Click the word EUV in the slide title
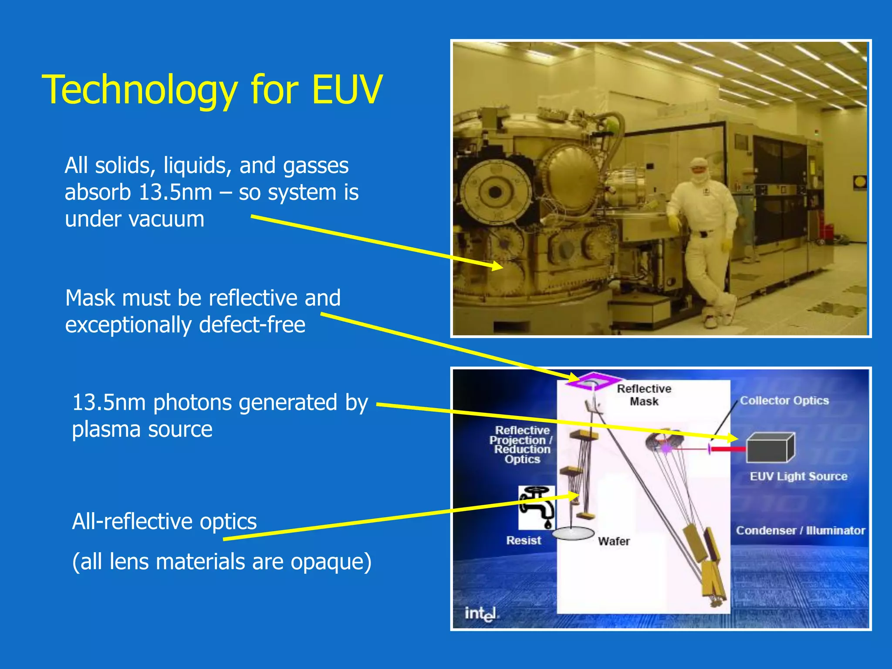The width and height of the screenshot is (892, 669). point(347,90)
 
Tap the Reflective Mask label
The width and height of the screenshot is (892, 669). point(644,395)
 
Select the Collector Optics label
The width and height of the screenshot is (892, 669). point(784,401)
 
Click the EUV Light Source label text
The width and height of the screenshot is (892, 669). point(798,476)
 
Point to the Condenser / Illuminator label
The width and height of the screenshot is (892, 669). point(800,530)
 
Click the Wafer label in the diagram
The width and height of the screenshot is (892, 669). point(614,541)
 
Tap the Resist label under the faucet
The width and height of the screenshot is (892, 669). point(524,541)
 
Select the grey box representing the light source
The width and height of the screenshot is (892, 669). point(770,448)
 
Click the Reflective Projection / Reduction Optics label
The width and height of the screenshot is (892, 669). point(522,445)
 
